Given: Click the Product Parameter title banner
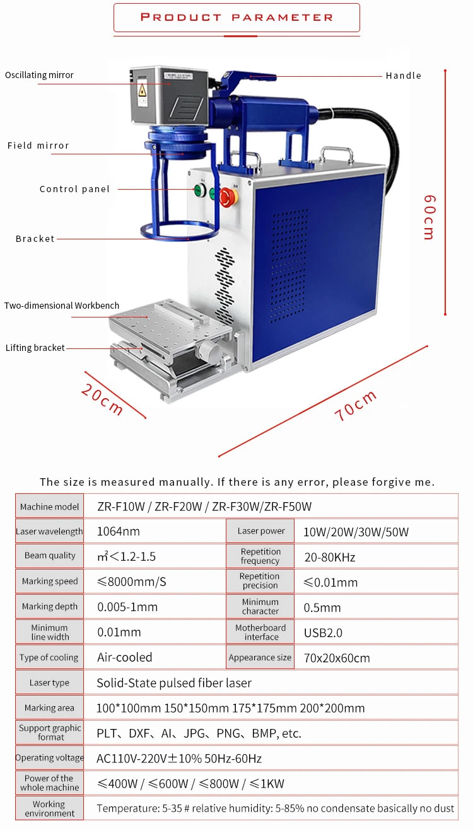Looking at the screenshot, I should (x=237, y=18).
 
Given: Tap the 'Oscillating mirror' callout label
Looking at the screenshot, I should (x=39, y=75).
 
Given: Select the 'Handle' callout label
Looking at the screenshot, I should (x=403, y=76).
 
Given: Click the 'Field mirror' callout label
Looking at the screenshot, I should (x=38, y=146).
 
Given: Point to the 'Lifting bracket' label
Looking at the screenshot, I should (x=35, y=348).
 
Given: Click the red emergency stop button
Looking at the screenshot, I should (x=228, y=197).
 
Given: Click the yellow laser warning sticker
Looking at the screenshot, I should (x=143, y=89).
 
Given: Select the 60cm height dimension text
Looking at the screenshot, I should (x=429, y=217).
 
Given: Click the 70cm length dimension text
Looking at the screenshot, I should (x=356, y=405).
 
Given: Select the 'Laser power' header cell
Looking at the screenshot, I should (x=260, y=531).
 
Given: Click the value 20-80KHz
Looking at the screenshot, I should (x=329, y=557).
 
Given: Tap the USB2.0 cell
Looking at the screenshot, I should (x=323, y=633).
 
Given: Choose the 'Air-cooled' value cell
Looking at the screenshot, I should (x=125, y=658).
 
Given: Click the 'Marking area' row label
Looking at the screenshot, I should (x=49, y=708).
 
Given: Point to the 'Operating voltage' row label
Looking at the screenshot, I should (x=49, y=758).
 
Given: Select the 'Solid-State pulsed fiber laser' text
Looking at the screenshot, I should (x=174, y=683).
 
